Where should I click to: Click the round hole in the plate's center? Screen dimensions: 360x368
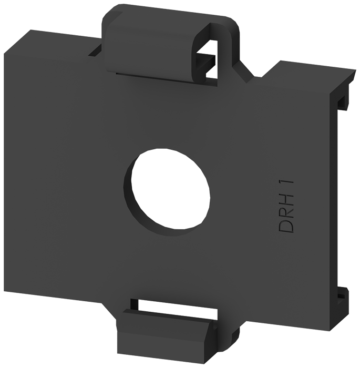point(171,189)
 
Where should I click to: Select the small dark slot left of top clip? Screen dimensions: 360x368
point(95,50)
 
